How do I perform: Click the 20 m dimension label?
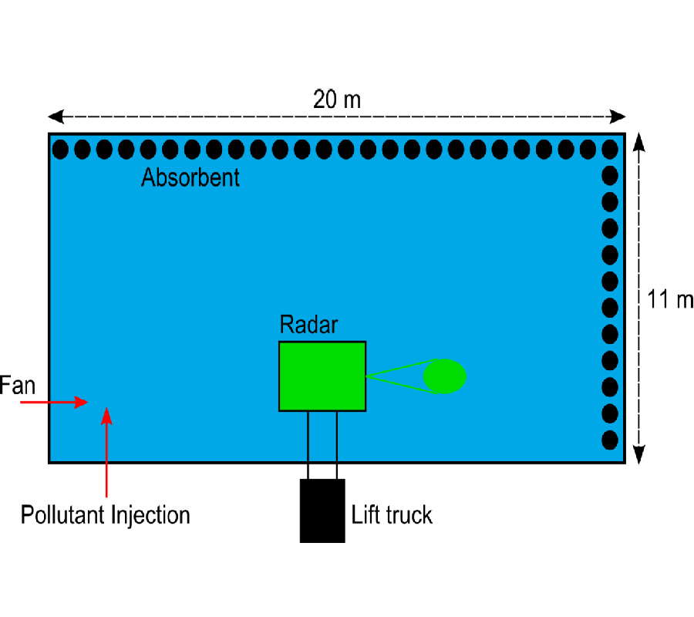point(337,99)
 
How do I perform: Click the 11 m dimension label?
point(670,299)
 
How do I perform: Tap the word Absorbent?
point(190,177)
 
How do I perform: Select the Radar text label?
point(308,325)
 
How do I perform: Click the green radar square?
point(322,376)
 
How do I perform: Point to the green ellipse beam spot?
point(445,376)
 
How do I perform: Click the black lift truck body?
point(322,510)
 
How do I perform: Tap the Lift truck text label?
point(392,514)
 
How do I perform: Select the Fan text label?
point(17,385)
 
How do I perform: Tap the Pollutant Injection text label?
point(105,514)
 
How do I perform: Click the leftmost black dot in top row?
point(60,149)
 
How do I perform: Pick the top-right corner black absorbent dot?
point(610,149)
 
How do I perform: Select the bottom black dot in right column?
point(610,440)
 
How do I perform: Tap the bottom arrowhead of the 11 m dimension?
point(640,457)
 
